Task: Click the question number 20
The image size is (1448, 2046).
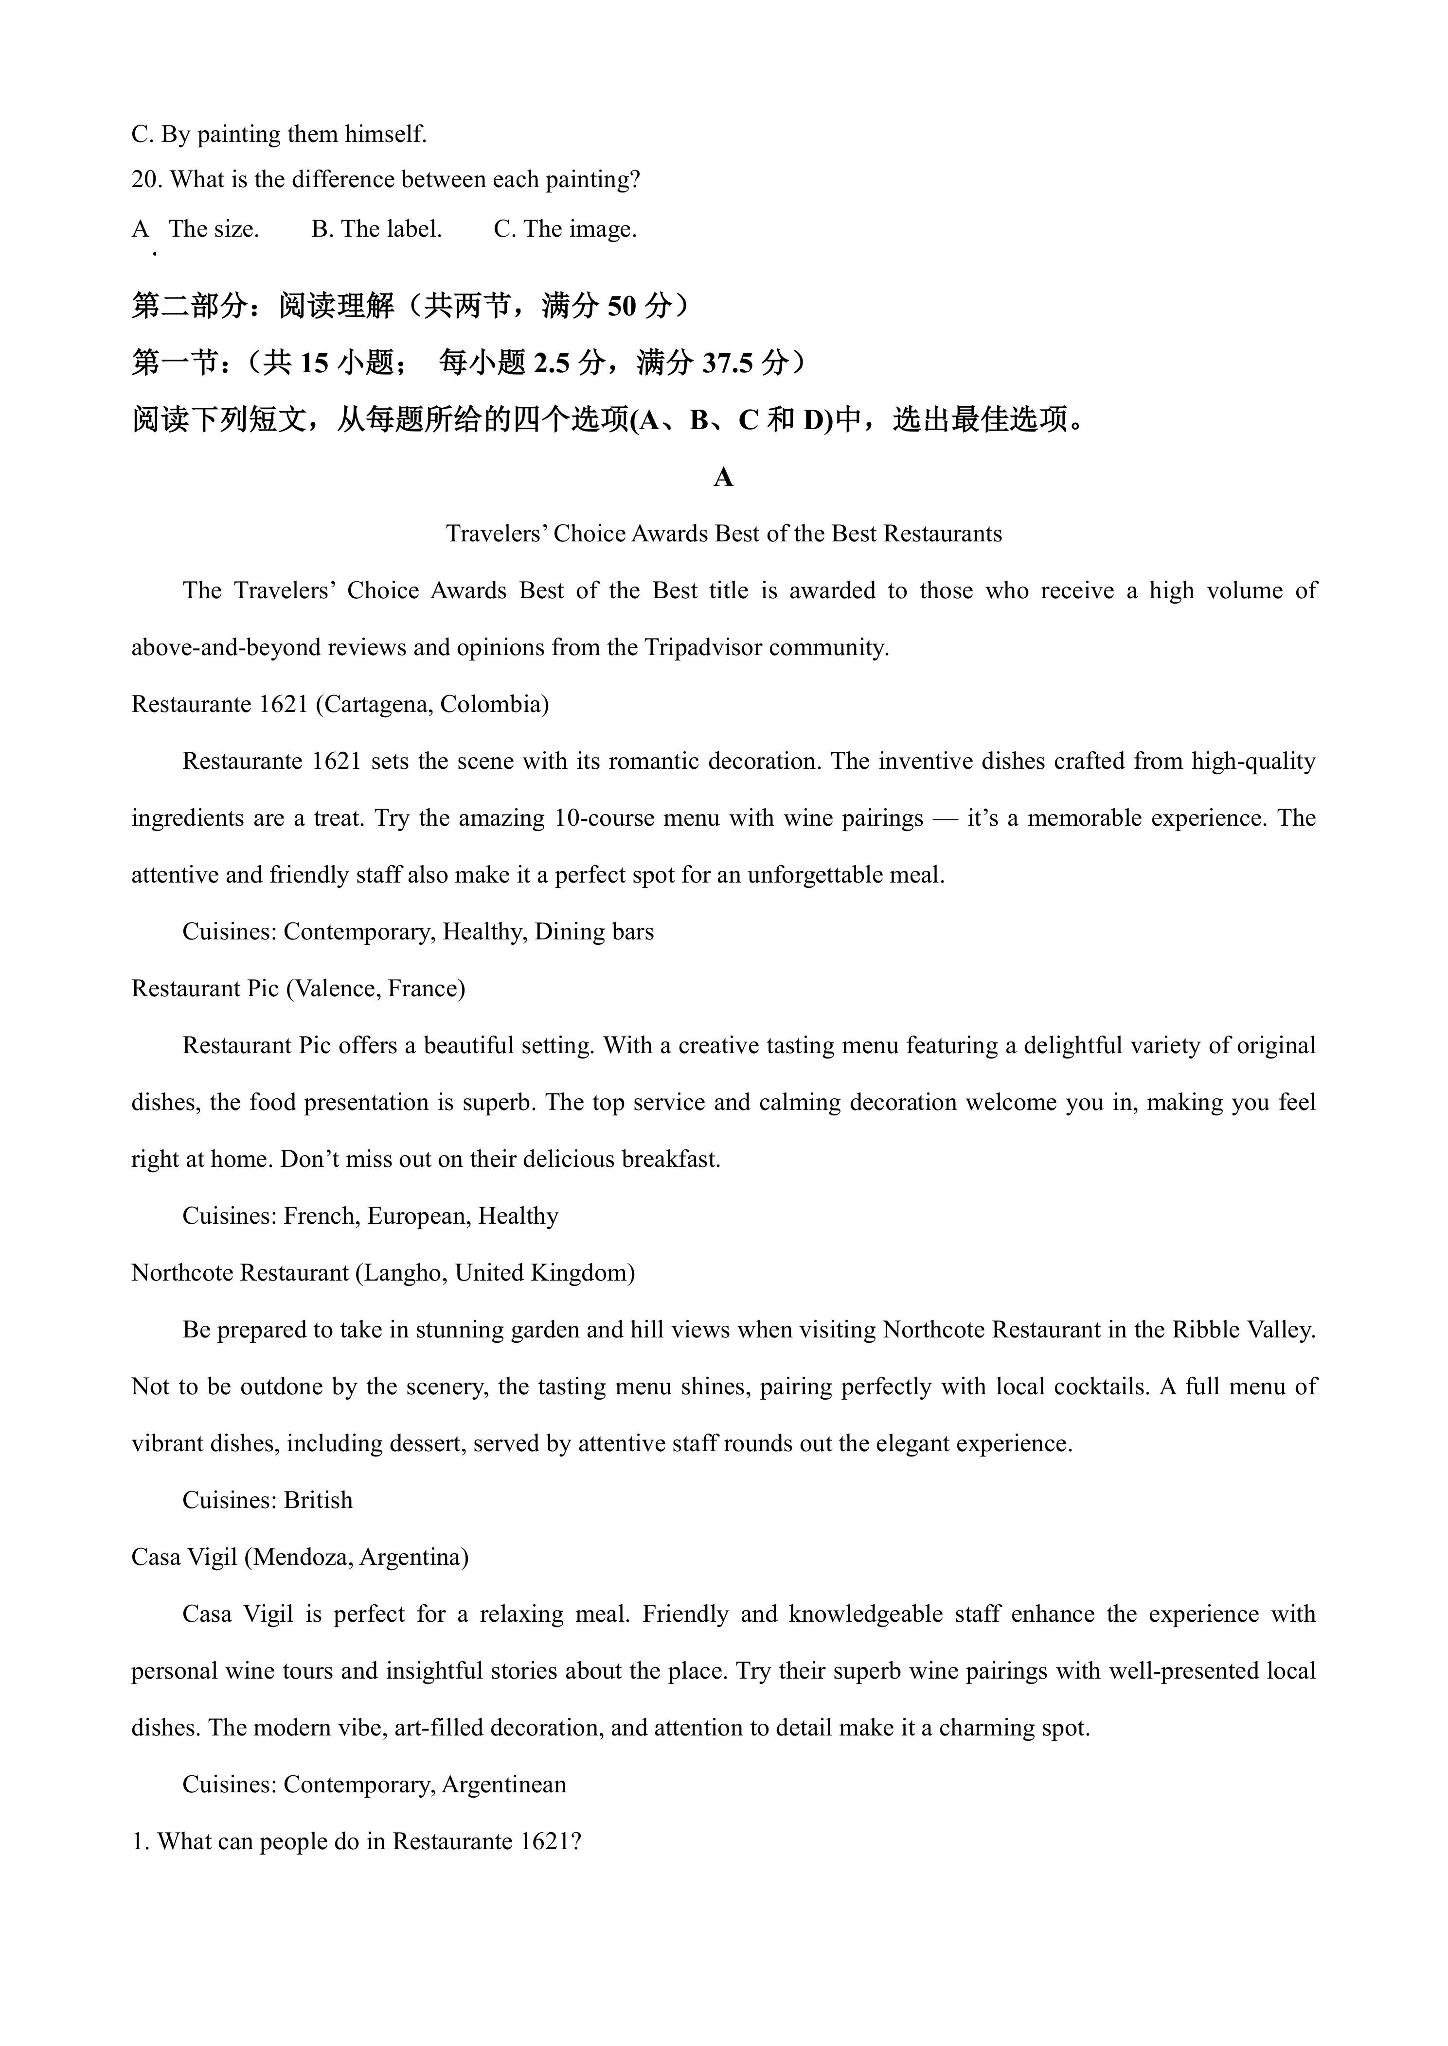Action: [x=146, y=180]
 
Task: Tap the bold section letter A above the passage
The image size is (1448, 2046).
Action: [x=723, y=479]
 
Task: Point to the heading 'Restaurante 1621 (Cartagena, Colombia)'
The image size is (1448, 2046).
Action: [x=340, y=704]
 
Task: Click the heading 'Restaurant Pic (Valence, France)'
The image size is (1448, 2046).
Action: [x=298, y=988]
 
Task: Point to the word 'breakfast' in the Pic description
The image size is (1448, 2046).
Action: [x=671, y=1160]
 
